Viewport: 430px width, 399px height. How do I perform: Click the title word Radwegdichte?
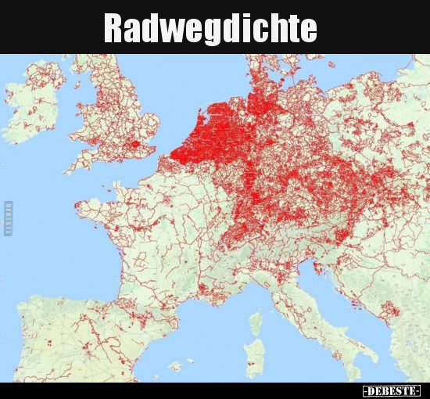[211, 29]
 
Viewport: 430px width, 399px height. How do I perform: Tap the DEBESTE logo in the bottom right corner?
[391, 390]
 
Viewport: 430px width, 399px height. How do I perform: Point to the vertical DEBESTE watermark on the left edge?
[8, 218]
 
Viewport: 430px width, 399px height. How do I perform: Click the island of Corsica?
[256, 323]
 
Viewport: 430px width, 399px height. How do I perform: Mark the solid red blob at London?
[142, 146]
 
